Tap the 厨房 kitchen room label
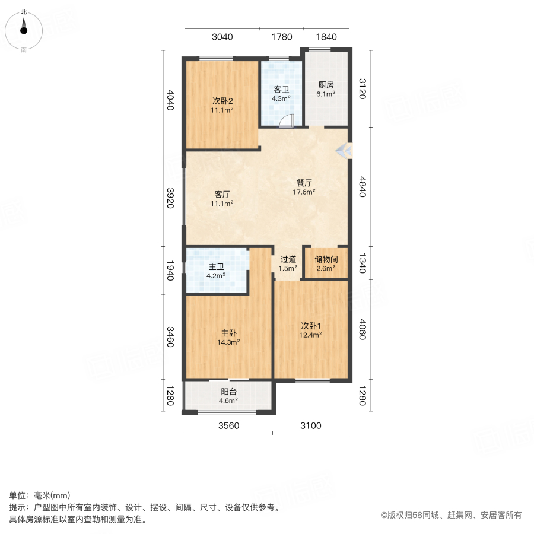click(326, 85)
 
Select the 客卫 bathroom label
click(281, 90)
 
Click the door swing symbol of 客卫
click(287, 120)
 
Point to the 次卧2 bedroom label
click(222, 100)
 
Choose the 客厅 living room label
click(222, 194)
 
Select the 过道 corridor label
click(288, 259)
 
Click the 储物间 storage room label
click(326, 259)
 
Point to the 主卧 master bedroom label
click(229, 333)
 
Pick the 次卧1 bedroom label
click(310, 326)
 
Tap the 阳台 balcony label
click(228, 392)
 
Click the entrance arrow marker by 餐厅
click(343, 151)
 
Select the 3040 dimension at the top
click(222, 37)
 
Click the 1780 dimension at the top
click(282, 37)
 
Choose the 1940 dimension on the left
click(170, 271)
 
